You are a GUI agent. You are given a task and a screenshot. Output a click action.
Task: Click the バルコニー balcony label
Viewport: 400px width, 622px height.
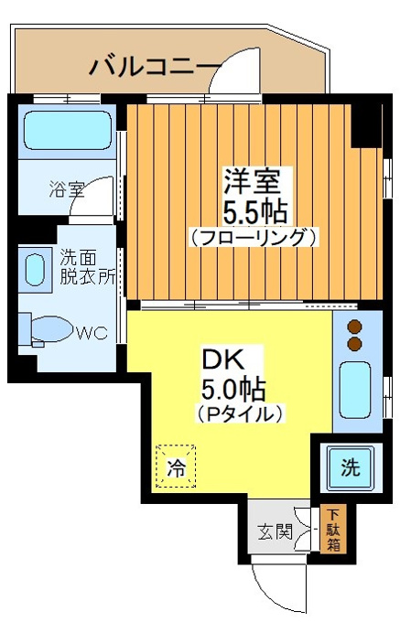click(x=155, y=66)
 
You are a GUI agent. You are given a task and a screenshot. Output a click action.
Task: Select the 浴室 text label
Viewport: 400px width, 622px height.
click(x=67, y=189)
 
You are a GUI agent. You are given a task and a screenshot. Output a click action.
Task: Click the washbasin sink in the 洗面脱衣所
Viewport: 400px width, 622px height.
click(x=35, y=270)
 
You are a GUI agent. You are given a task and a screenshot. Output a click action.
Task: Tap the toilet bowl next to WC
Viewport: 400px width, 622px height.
click(x=51, y=329)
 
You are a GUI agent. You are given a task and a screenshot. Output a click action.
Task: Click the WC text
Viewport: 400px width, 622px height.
click(x=92, y=333)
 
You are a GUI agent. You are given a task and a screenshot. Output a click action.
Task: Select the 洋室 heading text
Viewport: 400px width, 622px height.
click(x=253, y=181)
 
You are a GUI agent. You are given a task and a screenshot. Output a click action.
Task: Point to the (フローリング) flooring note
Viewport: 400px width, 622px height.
click(x=254, y=237)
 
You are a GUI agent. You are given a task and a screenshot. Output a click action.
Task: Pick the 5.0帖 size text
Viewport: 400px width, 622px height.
click(x=233, y=390)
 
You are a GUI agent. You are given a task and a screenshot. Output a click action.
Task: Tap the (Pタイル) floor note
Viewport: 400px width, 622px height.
click(x=240, y=413)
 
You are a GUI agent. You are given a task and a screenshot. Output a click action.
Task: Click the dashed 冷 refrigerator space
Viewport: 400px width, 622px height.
click(x=176, y=466)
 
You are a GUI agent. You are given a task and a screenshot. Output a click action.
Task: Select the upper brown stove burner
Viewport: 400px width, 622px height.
click(x=354, y=327)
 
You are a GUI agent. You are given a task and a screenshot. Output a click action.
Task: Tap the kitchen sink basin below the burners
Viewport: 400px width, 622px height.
click(x=355, y=390)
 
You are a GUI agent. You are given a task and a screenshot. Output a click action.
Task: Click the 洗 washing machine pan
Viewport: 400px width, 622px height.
click(x=350, y=467)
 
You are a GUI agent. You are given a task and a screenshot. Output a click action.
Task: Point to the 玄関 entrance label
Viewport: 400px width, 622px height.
click(x=275, y=531)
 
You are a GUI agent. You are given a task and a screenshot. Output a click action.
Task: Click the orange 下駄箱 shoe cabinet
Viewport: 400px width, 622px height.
click(x=333, y=529)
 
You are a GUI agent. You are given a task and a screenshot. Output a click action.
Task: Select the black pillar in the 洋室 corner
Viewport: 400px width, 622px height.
click(x=367, y=125)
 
